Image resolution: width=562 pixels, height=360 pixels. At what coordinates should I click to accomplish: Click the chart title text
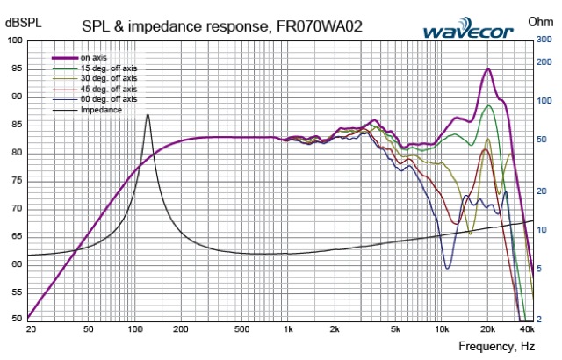[216, 26]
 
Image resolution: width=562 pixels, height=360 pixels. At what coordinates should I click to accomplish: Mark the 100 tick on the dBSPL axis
[15, 40]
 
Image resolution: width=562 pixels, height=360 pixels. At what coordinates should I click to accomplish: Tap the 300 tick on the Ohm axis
[545, 40]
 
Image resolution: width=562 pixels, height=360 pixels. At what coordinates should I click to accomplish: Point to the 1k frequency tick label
[288, 330]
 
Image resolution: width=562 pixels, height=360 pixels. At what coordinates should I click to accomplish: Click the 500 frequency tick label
[241, 330]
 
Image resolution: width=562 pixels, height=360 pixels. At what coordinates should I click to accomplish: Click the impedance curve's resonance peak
[148, 115]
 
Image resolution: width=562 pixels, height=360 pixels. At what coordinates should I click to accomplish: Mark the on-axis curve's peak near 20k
[487, 69]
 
